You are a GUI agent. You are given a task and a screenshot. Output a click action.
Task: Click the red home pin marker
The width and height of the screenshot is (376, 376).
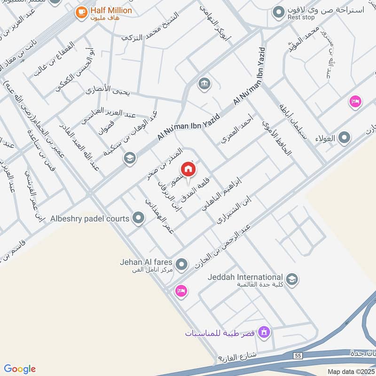(188, 169)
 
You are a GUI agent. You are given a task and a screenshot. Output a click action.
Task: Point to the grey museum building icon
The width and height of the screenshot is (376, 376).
(204, 84)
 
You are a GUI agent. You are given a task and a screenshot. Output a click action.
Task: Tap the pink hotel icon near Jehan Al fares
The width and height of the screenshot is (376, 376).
(180, 291)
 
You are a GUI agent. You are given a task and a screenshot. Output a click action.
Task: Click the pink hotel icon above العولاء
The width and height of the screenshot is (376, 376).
(355, 101)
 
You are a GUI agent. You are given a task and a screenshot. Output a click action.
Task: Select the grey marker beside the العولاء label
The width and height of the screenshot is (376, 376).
(345, 138)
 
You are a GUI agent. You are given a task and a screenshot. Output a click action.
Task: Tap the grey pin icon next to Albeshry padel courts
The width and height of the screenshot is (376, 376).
(138, 218)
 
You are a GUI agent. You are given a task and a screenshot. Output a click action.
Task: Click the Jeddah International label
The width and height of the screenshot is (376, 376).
(246, 277)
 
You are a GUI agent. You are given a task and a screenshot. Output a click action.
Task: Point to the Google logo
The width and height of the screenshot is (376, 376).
(20, 369)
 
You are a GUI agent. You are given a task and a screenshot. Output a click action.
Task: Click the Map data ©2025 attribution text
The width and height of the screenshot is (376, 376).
(350, 371)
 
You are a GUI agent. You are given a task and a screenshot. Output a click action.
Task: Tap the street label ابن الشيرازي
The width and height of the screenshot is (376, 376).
(234, 211)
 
